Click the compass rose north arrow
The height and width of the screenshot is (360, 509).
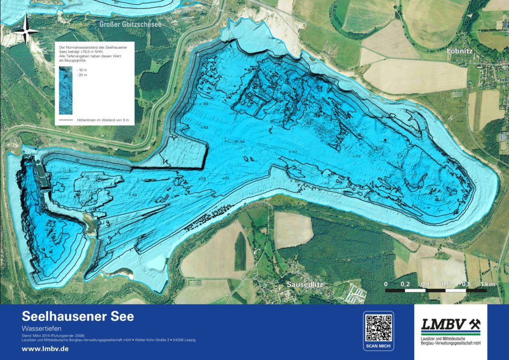[x=25, y=29]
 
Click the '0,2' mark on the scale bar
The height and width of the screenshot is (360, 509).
[x=406, y=283]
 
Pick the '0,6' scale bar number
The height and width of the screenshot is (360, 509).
[x=445, y=283]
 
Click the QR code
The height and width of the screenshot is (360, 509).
[x=378, y=328]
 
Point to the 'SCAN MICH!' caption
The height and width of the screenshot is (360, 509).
[x=378, y=345]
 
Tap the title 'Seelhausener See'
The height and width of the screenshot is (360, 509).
[x=78, y=316]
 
